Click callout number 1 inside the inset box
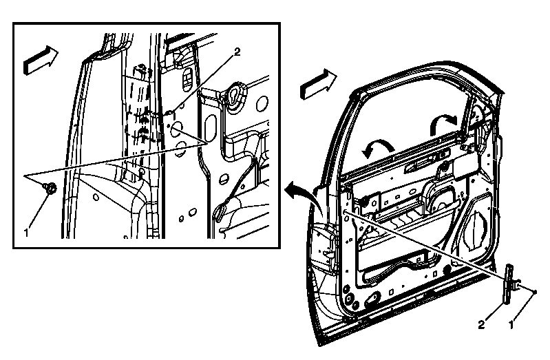point(25,232)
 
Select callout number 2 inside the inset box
point(237,52)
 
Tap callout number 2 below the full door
point(481,325)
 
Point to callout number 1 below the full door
point(511,325)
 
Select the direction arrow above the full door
point(318,84)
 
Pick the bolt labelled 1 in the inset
point(50,189)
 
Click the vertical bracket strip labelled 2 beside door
point(508,284)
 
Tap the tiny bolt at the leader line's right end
point(535,292)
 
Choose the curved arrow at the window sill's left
point(377,147)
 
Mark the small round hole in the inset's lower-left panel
point(96,197)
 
